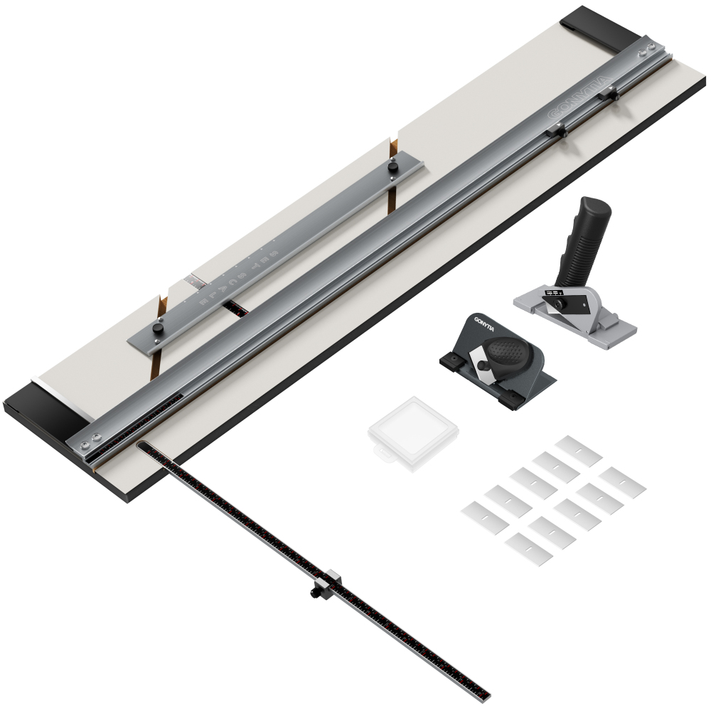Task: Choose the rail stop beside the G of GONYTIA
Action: pos(556,130)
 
